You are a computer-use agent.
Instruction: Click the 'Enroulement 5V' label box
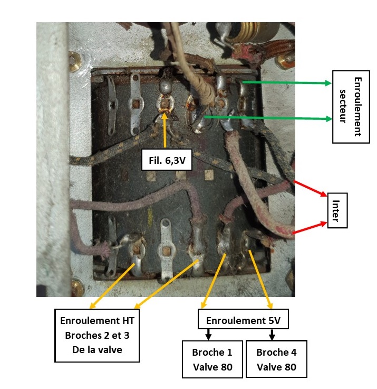pos(243,320)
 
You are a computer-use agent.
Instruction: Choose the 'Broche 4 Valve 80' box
pos(276,359)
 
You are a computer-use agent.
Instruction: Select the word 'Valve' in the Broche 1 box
pos(212,367)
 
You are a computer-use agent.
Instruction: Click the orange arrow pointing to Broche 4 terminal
pos(261,281)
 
